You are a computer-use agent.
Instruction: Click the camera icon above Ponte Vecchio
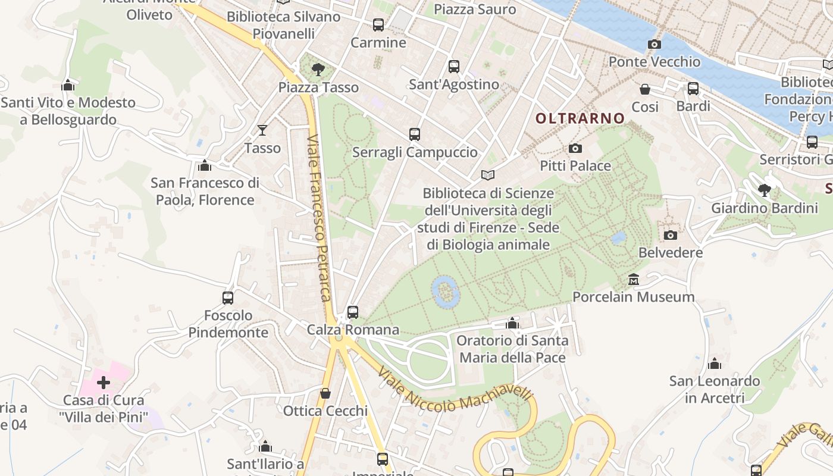(x=654, y=45)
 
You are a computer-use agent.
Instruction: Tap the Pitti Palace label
(x=575, y=165)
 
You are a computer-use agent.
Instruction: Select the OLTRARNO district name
(x=580, y=118)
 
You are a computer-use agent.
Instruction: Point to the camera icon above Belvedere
(x=671, y=235)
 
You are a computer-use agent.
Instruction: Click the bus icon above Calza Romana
(x=353, y=312)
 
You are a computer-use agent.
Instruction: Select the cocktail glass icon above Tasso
(x=262, y=130)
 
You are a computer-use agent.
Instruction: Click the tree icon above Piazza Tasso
(x=318, y=70)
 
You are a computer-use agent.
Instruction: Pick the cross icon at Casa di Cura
(x=104, y=383)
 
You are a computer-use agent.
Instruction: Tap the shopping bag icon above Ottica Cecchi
(x=325, y=393)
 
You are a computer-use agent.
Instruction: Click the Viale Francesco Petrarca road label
(x=319, y=218)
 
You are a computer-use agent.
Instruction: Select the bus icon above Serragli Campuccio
(x=415, y=134)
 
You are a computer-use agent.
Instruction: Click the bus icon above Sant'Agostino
(x=454, y=67)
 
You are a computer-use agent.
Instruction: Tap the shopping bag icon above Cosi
(x=645, y=89)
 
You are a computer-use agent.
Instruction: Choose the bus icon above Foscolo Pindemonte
(x=228, y=297)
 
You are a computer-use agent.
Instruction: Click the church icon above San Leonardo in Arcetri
(x=715, y=364)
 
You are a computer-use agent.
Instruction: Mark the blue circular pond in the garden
(x=446, y=292)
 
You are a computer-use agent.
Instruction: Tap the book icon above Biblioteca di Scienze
(x=488, y=176)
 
